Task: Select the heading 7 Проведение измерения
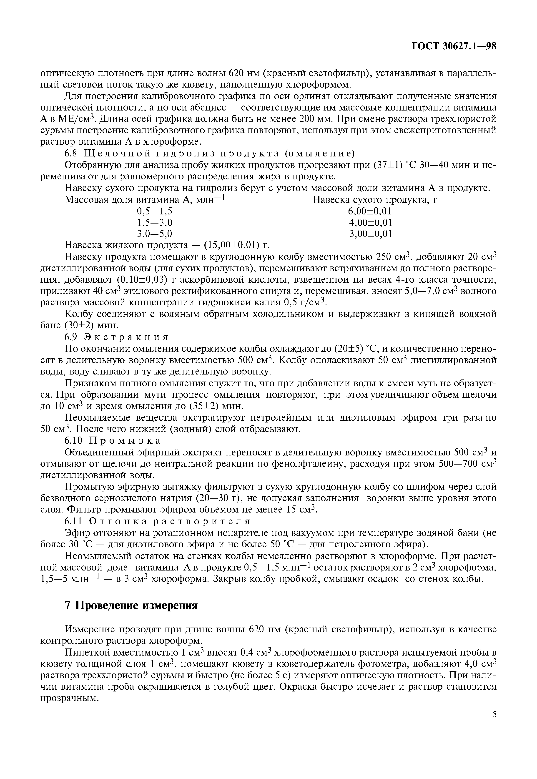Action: (131, 605)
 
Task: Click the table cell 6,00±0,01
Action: (370, 211)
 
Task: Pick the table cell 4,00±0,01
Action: (370, 222)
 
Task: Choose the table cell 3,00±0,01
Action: (370, 234)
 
